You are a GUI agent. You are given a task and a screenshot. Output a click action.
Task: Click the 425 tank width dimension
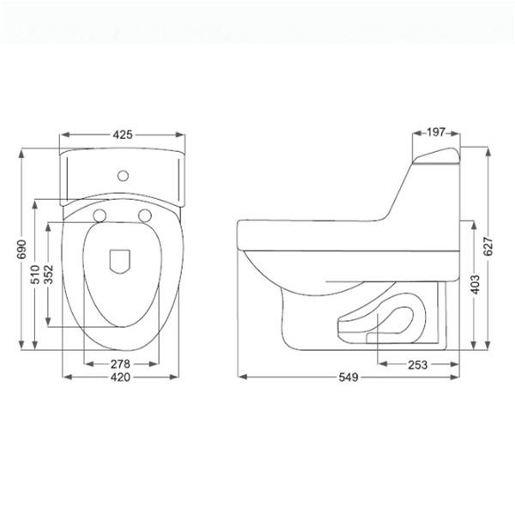point(123,135)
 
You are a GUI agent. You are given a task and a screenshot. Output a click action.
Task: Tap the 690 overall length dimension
point(21,249)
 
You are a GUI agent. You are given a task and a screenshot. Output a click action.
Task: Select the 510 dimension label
point(35,275)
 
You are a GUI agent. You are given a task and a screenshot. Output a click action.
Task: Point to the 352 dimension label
point(48,275)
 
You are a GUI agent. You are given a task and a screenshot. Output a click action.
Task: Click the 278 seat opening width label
point(120,364)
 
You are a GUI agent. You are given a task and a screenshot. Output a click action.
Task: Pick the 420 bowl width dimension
point(120,377)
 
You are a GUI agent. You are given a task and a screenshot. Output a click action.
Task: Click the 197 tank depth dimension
point(436,132)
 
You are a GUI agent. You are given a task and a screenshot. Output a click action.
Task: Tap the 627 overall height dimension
point(488,245)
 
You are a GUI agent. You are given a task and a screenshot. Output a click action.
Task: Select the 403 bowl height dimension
point(475,284)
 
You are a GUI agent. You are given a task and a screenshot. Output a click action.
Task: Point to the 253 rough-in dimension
point(418,365)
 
